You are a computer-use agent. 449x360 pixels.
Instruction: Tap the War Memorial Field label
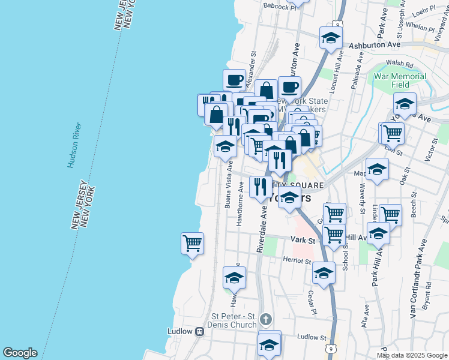point(400,81)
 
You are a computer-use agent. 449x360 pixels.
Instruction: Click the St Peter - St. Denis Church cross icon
point(267,320)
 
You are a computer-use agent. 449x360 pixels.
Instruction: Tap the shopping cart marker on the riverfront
point(192,244)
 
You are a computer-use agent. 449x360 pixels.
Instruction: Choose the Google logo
point(20,353)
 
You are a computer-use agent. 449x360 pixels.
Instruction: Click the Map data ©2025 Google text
point(411,355)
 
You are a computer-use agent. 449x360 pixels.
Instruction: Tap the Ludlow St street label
point(310,337)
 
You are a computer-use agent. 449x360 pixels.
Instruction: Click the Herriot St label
point(297,260)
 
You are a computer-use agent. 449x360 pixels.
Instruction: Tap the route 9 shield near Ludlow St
point(330,348)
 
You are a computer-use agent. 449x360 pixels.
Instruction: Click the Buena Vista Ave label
point(229,184)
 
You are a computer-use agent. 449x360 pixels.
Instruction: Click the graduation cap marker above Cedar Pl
point(324,273)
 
